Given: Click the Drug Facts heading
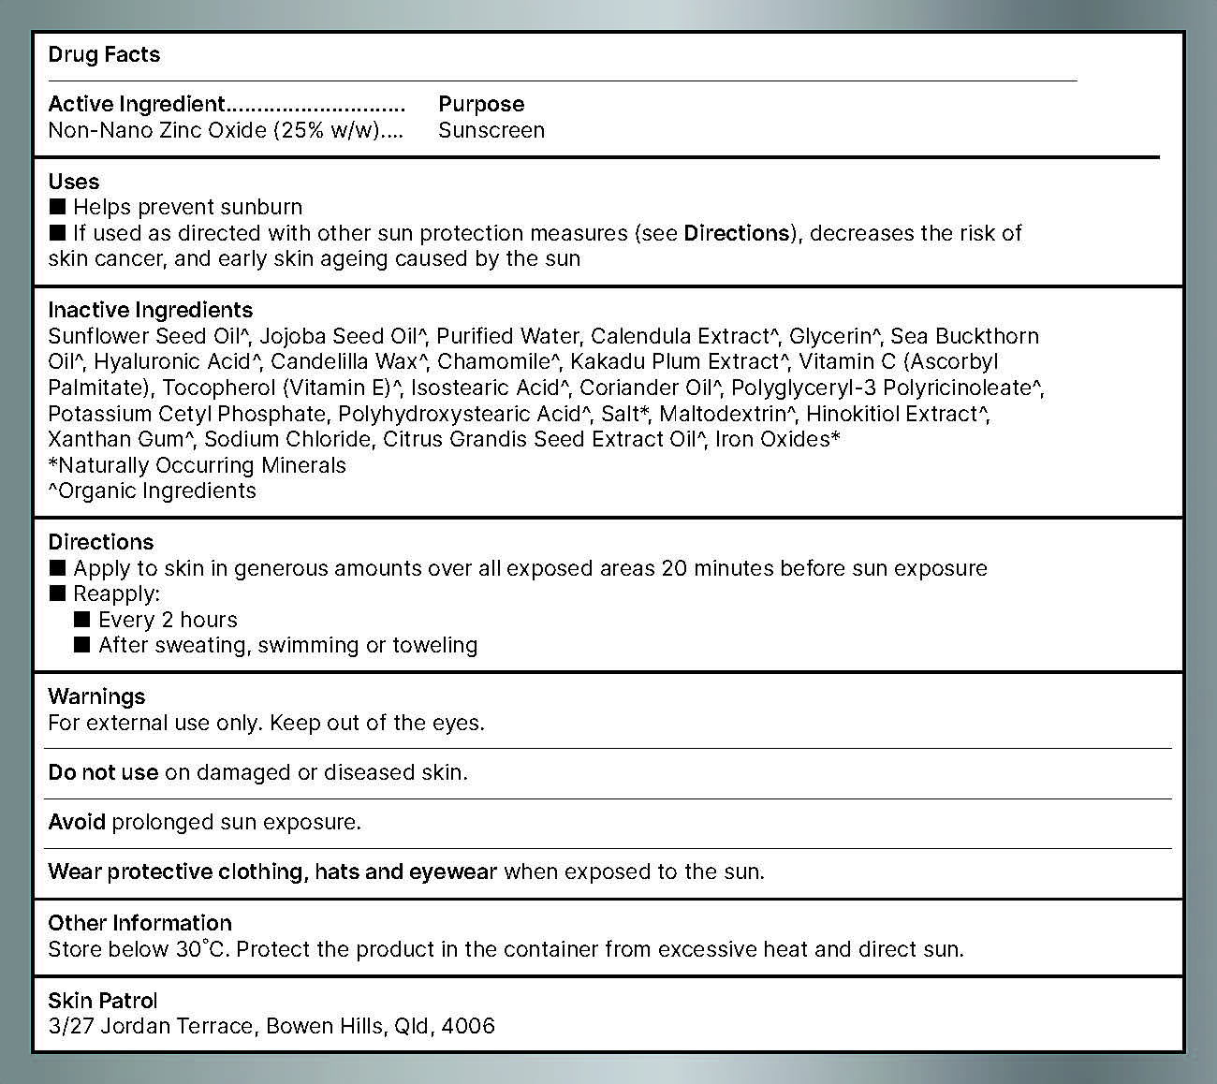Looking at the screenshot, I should pos(104,54).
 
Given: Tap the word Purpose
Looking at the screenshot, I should pos(481,104).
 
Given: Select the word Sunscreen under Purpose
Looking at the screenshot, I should pos(491,130).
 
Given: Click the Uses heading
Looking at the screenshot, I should pos(73,182).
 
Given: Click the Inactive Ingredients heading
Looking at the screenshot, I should pos(150,310).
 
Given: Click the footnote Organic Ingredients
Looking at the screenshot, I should pos(154,491).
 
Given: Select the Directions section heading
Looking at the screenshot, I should pos(100,542).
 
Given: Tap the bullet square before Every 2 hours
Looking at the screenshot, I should pos(82,619).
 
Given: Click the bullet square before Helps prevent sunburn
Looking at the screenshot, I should pos(57,206).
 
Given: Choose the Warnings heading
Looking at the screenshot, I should pos(96,696).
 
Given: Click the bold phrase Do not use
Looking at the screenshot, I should pos(103,772).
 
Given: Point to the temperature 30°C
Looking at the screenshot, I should pos(201,949).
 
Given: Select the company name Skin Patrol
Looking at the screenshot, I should pos(103,1001).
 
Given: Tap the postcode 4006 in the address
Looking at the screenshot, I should pos(468,1026).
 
